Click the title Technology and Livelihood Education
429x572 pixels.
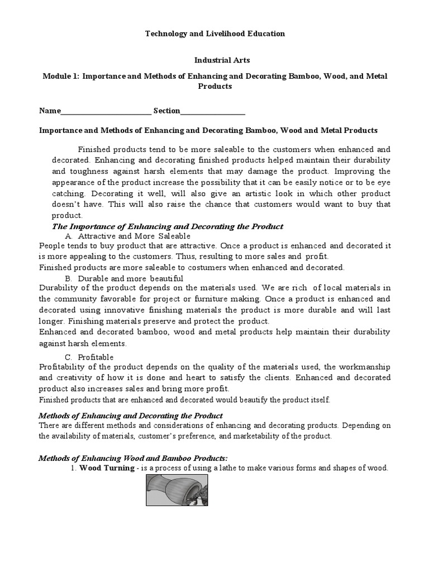pyautogui.click(x=215, y=34)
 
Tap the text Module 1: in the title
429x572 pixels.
pyautogui.click(x=61, y=75)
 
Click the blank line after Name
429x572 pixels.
pyautogui.click(x=106, y=111)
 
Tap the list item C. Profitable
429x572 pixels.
pyautogui.click(x=89, y=357)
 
